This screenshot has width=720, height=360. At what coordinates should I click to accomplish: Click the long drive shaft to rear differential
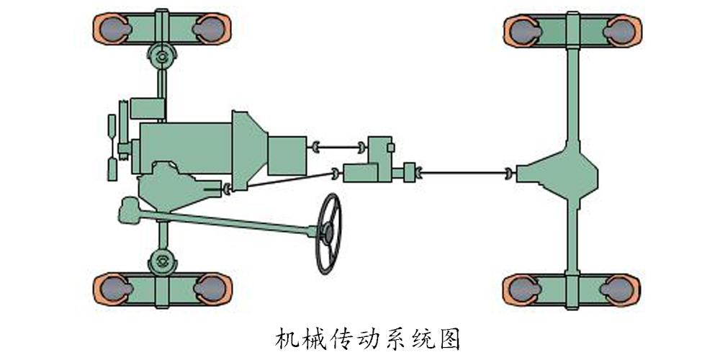[x=464, y=173]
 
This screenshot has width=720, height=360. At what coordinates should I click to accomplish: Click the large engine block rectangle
[x=185, y=148]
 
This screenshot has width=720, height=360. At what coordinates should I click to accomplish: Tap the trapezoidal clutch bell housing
[x=249, y=150]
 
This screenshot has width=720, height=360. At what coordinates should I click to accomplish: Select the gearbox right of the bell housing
[x=287, y=156]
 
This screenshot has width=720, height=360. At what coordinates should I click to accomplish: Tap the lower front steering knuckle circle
[x=162, y=262]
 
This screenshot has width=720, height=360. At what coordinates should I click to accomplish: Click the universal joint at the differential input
[x=510, y=173]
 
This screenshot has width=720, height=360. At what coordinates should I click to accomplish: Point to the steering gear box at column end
[x=129, y=210]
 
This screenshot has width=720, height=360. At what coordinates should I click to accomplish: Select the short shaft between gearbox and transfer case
[x=338, y=148]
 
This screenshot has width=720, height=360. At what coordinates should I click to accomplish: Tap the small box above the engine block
[x=148, y=109]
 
